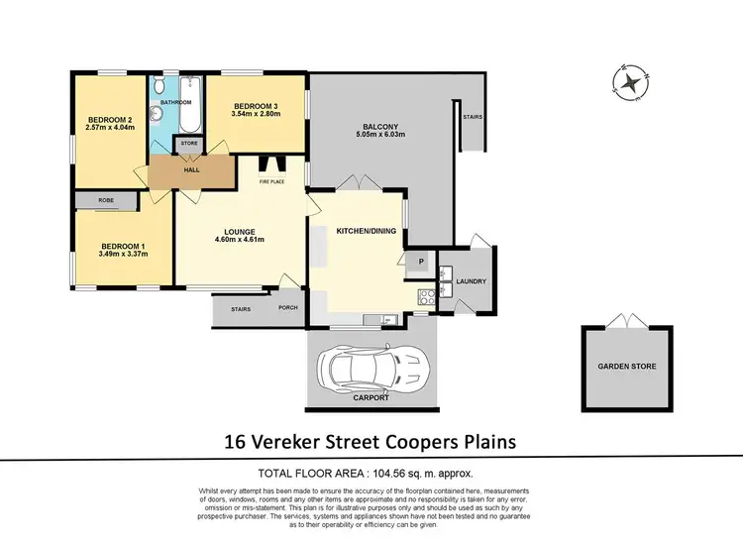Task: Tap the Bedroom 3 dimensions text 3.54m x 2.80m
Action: click(x=257, y=114)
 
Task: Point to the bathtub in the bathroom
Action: click(x=190, y=109)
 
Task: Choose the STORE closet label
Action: click(x=188, y=144)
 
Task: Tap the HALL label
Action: click(x=191, y=169)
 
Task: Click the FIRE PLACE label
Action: click(x=272, y=182)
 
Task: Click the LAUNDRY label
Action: click(x=471, y=281)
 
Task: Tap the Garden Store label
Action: click(x=626, y=366)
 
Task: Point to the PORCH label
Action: click(x=288, y=307)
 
